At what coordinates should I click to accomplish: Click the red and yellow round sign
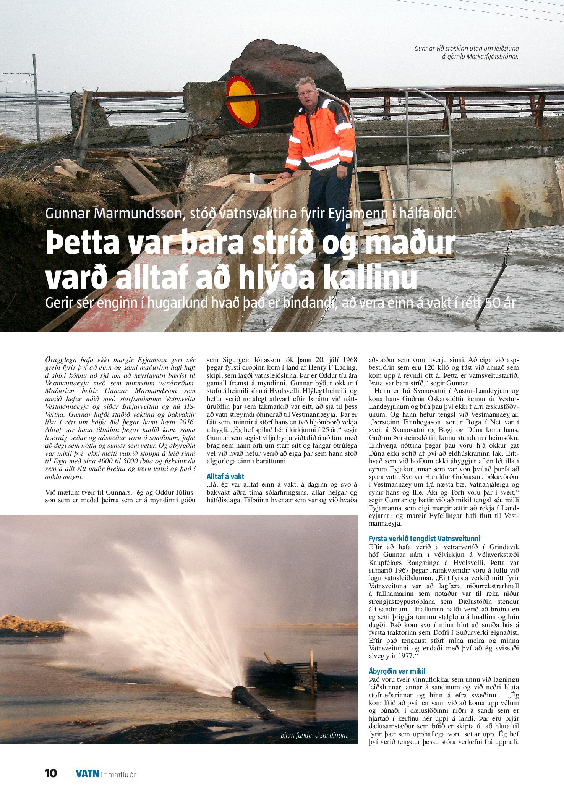[x=242, y=102]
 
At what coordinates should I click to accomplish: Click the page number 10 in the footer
[x=51, y=773]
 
